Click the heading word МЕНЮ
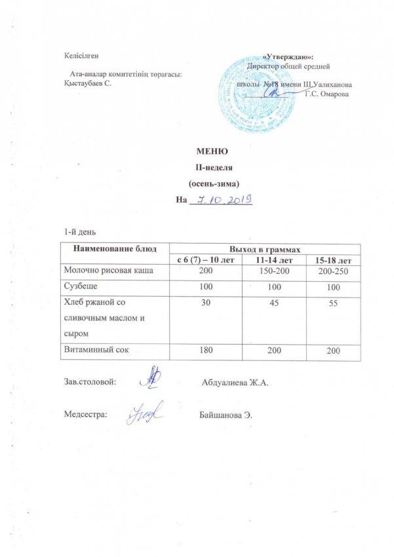click(214, 153)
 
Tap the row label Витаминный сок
click(96, 351)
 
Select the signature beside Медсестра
click(146, 413)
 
